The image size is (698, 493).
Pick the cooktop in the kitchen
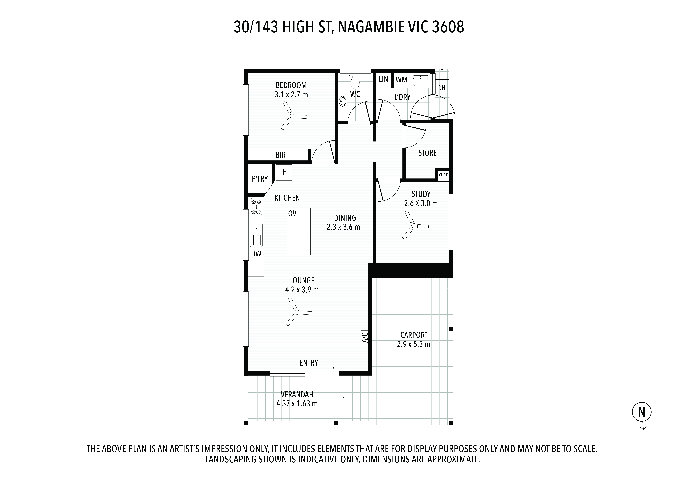[256, 206]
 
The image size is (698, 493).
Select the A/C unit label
[365, 337]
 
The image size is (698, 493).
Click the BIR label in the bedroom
[280, 155]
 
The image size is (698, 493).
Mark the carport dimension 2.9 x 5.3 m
[413, 344]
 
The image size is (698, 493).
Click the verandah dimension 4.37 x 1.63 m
[297, 404]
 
